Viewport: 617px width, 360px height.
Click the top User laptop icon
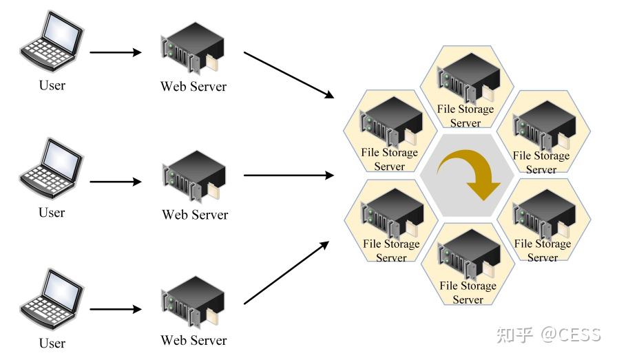52,41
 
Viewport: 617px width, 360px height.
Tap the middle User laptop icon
52,169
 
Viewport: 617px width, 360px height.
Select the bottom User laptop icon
52,299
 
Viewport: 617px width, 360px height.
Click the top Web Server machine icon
192,48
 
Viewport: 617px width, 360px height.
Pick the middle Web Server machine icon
194,176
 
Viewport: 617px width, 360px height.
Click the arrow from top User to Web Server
116,52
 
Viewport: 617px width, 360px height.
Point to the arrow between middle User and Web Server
116,182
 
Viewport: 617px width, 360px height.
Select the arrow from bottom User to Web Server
116,309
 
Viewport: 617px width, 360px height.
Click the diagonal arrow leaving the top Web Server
289,75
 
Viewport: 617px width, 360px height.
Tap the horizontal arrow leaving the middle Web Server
289,175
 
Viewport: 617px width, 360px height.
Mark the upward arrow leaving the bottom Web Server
286,273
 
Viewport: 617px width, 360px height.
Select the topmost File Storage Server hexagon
467,87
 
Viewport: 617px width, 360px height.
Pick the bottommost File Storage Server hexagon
468,264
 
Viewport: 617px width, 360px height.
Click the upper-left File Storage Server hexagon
390,131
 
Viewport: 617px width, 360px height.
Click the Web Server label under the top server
194,87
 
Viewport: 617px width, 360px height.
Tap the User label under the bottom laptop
52,343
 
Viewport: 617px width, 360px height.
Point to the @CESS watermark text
571,335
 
